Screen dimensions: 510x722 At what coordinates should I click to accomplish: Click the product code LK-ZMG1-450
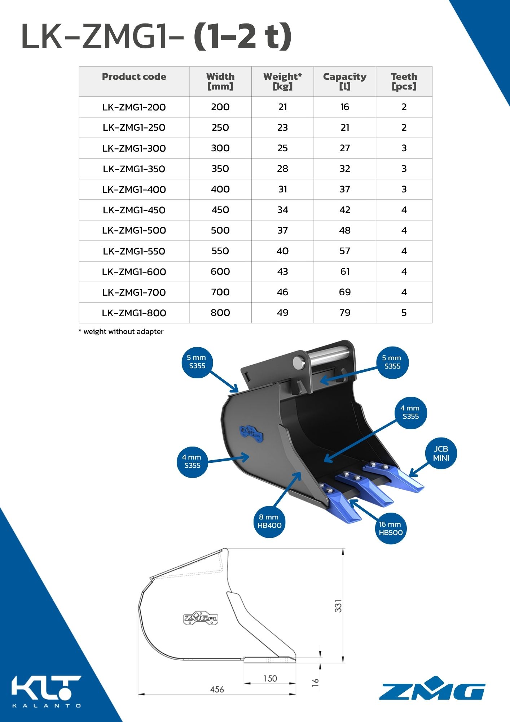[x=134, y=210]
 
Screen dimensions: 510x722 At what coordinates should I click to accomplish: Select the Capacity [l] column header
[x=344, y=81]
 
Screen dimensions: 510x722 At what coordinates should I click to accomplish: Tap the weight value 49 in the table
[x=282, y=313]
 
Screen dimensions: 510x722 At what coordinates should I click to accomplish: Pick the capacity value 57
[x=344, y=251]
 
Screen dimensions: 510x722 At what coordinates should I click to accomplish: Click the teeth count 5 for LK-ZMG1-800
[x=404, y=313]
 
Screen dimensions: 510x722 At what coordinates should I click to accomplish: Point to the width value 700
[x=220, y=292]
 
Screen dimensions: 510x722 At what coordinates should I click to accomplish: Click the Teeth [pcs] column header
[x=404, y=81]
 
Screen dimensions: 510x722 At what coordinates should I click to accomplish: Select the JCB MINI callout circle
[x=441, y=453]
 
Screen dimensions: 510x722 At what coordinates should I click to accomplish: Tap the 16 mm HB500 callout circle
[x=390, y=528]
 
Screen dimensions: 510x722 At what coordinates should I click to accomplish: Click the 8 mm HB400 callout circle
[x=269, y=521]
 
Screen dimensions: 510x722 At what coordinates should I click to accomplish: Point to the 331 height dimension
[x=338, y=606]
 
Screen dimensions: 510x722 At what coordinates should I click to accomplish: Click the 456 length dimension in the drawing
[x=217, y=690]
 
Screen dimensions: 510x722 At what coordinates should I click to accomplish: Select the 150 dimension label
[x=270, y=679]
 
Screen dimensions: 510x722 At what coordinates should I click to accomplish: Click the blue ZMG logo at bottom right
[x=432, y=688]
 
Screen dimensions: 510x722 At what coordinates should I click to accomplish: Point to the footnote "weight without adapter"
[x=121, y=331]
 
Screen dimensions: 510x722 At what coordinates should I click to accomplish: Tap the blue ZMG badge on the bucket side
[x=251, y=433]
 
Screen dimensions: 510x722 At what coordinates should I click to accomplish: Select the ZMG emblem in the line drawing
[x=201, y=618]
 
